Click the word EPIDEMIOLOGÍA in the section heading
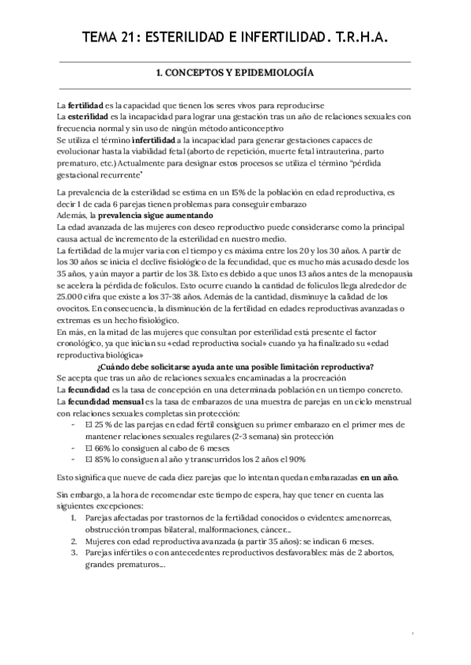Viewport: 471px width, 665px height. pos(276,73)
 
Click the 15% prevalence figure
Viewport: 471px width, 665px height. pos(240,192)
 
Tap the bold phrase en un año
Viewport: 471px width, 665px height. pos(378,477)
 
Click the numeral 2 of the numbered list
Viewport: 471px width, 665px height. pos(74,541)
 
